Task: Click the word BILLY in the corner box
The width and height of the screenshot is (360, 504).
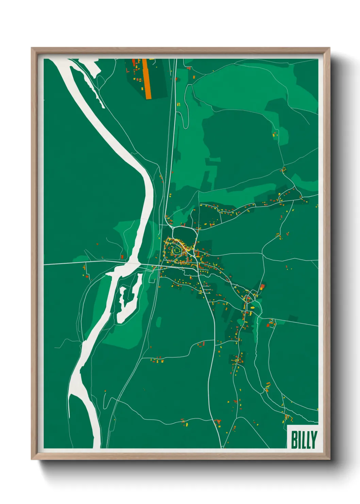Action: pyautogui.click(x=304, y=440)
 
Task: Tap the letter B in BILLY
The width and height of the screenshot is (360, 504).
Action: pyautogui.click(x=294, y=440)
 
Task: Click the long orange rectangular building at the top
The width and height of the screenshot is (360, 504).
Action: pyautogui.click(x=147, y=79)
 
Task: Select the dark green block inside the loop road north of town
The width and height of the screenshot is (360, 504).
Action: pyautogui.click(x=184, y=235)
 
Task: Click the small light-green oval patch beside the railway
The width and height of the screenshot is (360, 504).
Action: pyautogui.click(x=159, y=322)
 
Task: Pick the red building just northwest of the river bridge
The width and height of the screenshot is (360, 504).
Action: pyautogui.click(x=122, y=257)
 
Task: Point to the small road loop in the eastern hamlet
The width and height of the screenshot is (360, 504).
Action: pyautogui.click(x=253, y=295)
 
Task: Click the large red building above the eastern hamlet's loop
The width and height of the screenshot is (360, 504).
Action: pyautogui.click(x=262, y=286)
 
